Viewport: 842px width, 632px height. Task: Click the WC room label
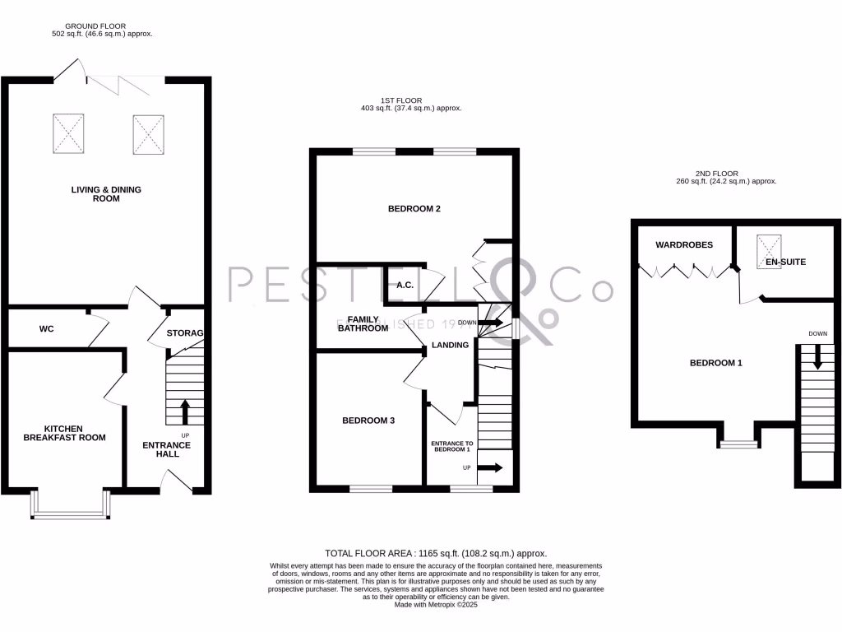pos(47,329)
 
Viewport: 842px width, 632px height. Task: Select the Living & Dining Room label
pos(106,194)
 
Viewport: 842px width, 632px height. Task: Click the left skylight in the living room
pos(68,132)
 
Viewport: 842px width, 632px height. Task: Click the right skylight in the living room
pos(148,133)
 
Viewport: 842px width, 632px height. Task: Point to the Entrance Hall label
pos(167,450)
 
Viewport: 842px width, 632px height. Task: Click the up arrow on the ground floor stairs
pos(184,410)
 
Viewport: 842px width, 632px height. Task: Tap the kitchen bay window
pos(70,505)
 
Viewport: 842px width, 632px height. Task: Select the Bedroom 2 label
pos(414,209)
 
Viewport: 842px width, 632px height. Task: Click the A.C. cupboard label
pos(405,286)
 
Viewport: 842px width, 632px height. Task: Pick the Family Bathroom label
pos(362,323)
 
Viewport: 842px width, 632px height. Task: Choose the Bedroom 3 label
pos(368,421)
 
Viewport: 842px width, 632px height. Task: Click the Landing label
pos(451,345)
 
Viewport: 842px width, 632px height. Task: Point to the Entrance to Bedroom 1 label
pos(451,447)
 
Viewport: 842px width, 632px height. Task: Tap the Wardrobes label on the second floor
pos(684,245)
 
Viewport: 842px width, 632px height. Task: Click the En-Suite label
pos(786,263)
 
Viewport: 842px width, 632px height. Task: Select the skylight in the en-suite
pos(770,245)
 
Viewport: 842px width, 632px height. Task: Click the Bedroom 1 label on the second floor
pos(715,362)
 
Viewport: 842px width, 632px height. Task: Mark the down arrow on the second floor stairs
pos(817,357)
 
